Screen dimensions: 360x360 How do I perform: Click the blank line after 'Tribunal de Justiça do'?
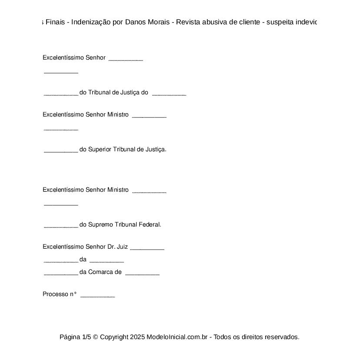[169, 93]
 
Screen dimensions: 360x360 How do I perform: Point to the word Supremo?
[100, 225]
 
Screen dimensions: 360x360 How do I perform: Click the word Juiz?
[122, 247]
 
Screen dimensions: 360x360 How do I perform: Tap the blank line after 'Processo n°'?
[98, 296]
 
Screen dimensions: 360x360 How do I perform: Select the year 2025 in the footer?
[137, 337]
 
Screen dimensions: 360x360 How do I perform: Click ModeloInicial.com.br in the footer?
[179, 337]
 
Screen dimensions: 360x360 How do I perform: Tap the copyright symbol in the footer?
[96, 337]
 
